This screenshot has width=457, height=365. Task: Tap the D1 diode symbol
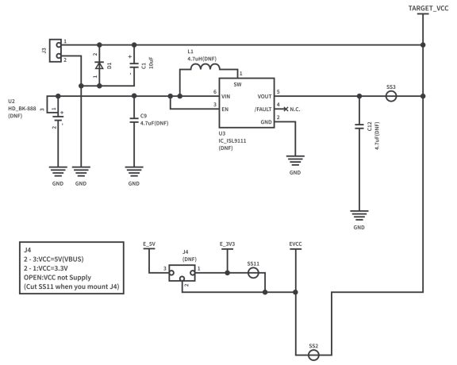99,66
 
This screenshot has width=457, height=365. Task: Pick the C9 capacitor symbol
134,121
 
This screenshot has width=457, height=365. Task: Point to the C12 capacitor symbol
359,128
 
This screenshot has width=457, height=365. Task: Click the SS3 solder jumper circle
391,98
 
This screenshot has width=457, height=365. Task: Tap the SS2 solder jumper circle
313,357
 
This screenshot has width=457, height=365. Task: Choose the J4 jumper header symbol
182,274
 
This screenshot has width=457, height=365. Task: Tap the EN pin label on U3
226,109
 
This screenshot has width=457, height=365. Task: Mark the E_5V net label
148,244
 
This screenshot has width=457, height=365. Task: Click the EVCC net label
295,244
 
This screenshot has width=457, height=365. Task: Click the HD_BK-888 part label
21,109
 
